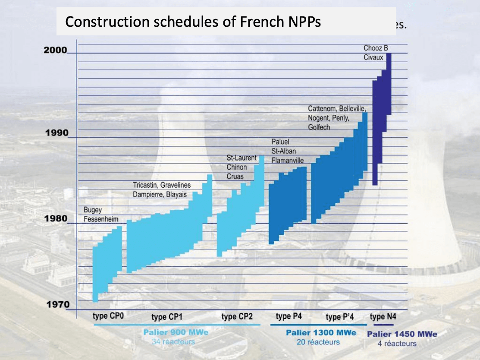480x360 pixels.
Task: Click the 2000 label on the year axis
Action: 56,50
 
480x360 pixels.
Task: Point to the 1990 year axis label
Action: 57,133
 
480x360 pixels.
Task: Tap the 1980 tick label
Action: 57,218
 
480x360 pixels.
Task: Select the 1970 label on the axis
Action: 57,305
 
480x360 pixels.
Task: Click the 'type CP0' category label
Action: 108,316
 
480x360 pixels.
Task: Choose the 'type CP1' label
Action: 167,317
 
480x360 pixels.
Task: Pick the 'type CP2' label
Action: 237,317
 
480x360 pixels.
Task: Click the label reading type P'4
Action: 340,317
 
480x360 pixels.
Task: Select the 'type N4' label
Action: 383,316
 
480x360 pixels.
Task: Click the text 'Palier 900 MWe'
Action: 176,332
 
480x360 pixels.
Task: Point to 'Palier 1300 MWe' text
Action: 321,332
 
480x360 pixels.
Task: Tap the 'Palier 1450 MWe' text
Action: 402,334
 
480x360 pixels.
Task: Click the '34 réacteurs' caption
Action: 173,342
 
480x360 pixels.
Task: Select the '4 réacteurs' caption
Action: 397,344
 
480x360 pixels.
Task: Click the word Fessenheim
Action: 101,219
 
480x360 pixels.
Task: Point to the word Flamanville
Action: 288,161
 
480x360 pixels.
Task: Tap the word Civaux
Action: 373,57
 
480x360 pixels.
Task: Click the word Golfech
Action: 319,127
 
